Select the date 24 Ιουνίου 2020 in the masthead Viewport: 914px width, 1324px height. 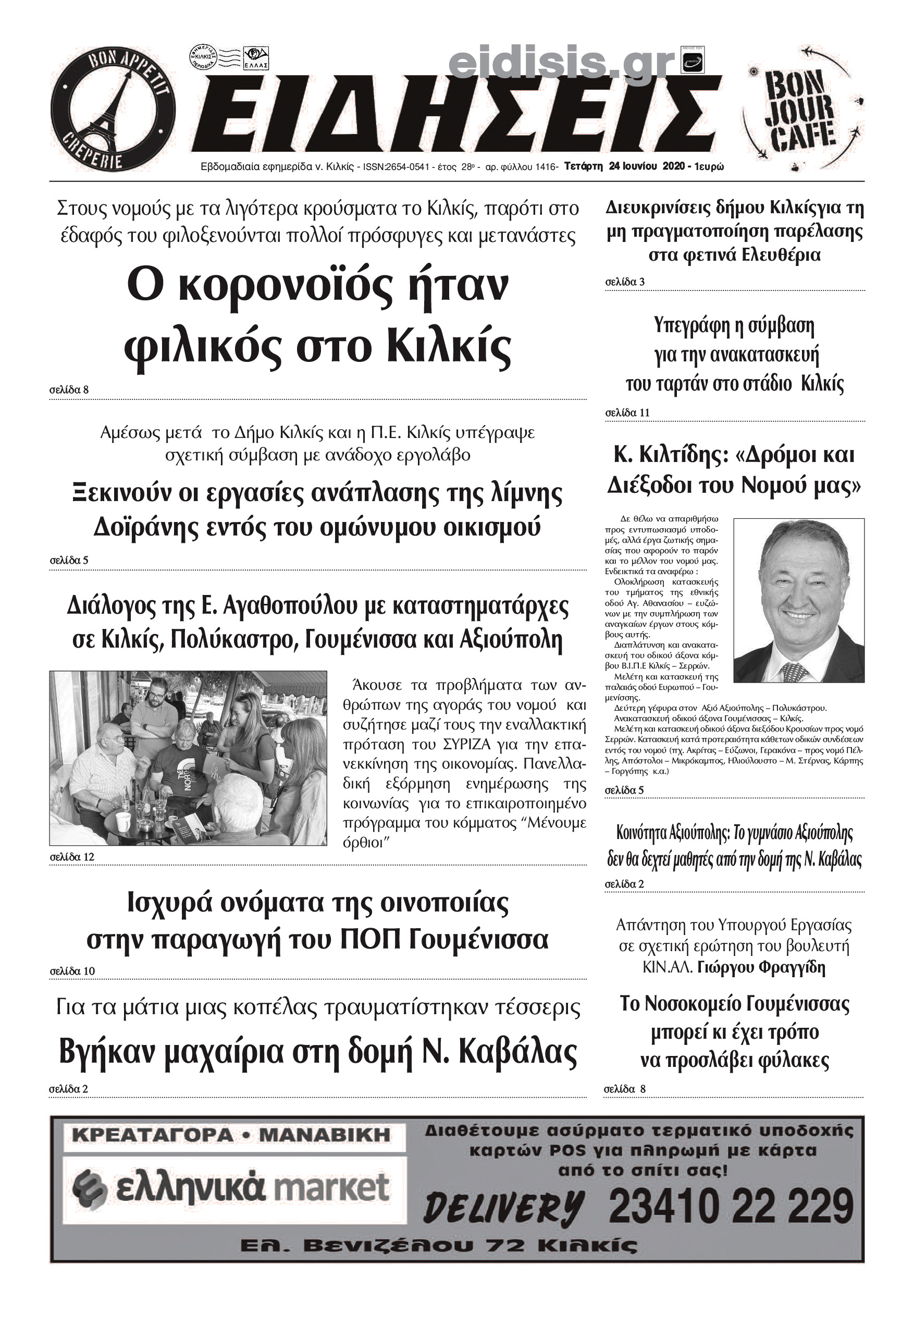tap(647, 166)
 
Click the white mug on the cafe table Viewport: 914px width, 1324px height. tap(123, 821)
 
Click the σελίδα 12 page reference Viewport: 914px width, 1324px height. tap(71, 857)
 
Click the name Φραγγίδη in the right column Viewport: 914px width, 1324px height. tap(793, 967)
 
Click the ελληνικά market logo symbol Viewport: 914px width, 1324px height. tap(91, 1188)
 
